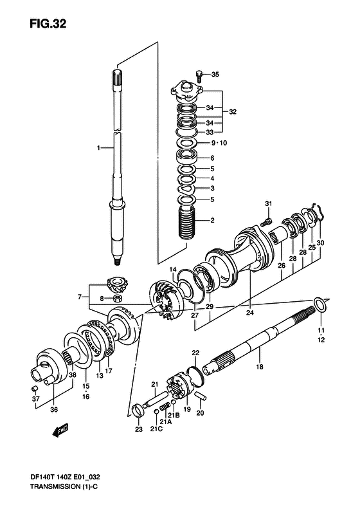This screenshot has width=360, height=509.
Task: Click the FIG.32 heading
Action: (x=48, y=23)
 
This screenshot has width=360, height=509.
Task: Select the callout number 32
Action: (x=233, y=112)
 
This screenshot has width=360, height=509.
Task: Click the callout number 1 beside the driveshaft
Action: (x=98, y=148)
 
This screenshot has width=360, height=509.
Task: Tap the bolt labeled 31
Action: (x=264, y=222)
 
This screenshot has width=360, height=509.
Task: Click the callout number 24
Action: (x=249, y=313)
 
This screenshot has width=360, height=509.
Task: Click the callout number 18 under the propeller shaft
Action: (x=260, y=367)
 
